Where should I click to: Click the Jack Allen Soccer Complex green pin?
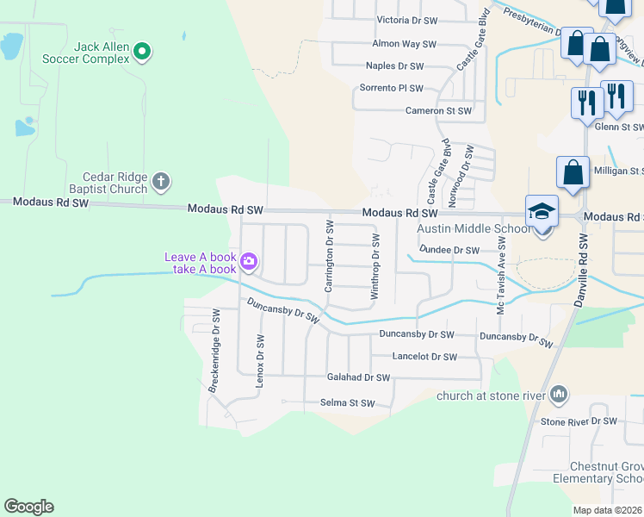[144, 53]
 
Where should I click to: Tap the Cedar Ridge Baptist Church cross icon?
[160, 182]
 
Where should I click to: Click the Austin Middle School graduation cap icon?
[542, 211]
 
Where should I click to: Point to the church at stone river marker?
[559, 395]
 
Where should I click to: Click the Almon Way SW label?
[404, 43]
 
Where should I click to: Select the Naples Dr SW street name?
[395, 65]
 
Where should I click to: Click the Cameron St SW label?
[439, 110]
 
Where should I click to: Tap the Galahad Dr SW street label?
[359, 377]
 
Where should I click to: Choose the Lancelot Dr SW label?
[424, 356]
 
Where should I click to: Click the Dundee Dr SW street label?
[449, 250]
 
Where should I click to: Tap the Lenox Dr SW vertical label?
[259, 362]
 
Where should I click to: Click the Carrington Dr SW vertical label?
[329, 255]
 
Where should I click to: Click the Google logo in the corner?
[28, 507]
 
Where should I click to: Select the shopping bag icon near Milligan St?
[573, 173]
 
